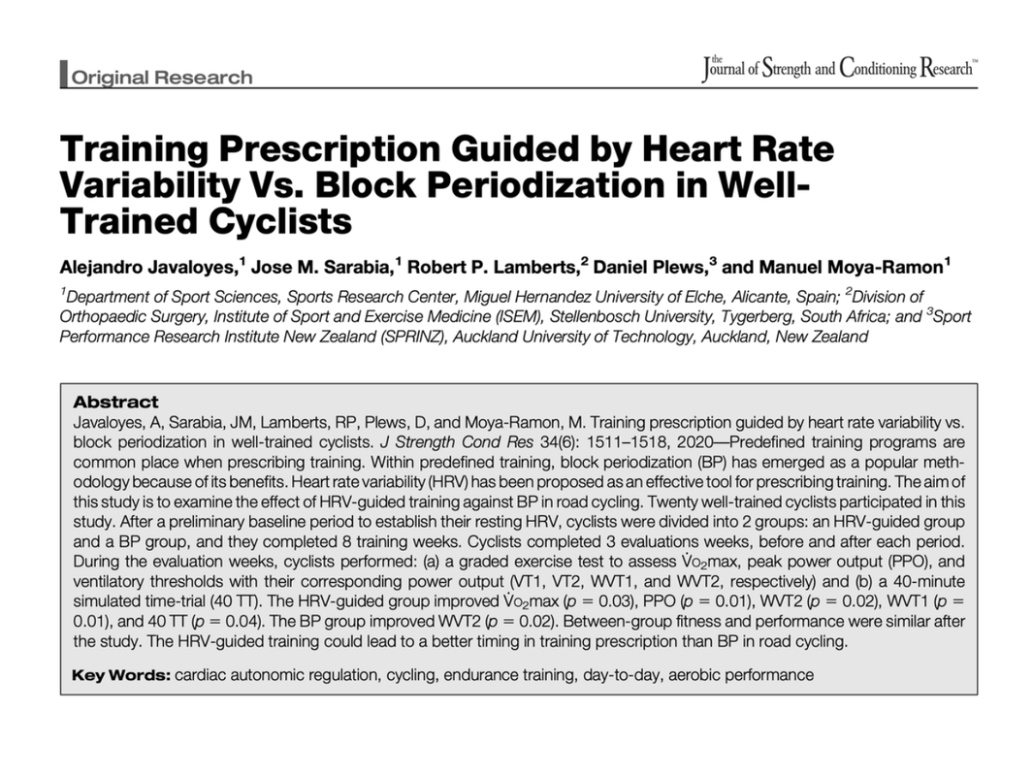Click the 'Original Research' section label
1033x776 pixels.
tap(161, 77)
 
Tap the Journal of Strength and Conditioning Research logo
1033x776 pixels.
tap(840, 69)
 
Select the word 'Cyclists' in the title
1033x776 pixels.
tap(280, 221)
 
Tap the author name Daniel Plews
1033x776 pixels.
tap(650, 267)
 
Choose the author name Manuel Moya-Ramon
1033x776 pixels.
tap(852, 267)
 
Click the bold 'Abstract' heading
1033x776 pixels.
tap(116, 402)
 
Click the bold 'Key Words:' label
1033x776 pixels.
tap(121, 675)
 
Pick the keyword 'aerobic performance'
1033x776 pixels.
tap(741, 675)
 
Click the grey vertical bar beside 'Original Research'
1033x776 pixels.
tap(64, 74)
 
